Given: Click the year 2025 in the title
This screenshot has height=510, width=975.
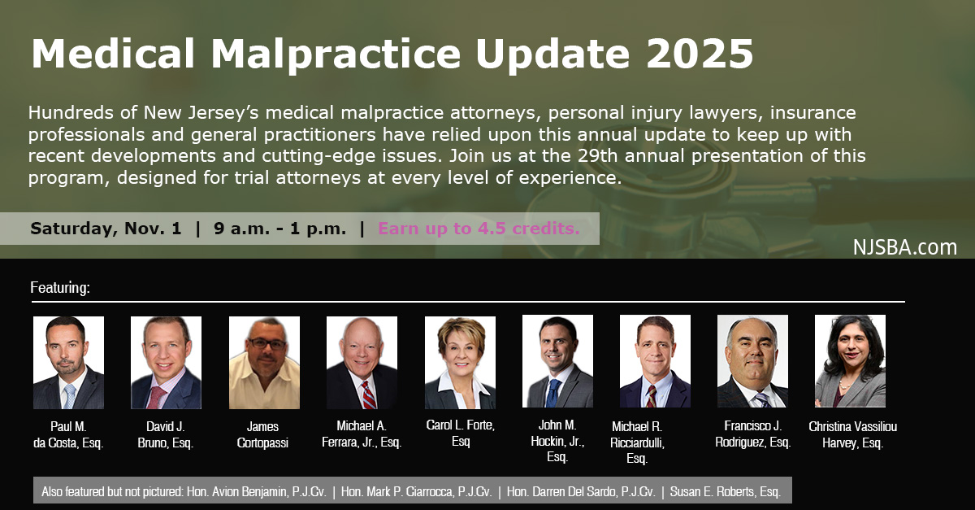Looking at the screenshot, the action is click(700, 54).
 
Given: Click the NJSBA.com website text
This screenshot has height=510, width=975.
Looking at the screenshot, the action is click(905, 247).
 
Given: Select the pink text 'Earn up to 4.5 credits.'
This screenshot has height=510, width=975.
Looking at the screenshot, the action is click(479, 229).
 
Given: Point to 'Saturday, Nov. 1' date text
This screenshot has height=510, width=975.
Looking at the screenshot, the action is click(106, 229).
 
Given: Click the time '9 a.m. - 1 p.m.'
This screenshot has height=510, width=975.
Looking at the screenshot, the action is click(279, 229).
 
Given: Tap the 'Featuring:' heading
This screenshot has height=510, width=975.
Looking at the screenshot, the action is click(60, 288).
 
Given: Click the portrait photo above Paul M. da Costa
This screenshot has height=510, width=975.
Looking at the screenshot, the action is click(69, 363).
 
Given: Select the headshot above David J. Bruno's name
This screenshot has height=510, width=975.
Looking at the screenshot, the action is click(167, 363).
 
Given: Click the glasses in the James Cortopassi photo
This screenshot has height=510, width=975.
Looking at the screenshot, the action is click(266, 344).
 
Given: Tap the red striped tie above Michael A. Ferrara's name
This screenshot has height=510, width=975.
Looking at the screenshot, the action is click(368, 394).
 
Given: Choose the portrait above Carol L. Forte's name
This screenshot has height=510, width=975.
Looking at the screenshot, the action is click(460, 363).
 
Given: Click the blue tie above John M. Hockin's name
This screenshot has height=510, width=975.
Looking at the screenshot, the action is click(552, 393).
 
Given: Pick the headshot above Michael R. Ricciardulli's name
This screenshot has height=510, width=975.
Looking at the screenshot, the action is click(655, 361).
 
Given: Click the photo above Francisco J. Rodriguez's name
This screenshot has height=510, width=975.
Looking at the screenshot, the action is click(752, 361).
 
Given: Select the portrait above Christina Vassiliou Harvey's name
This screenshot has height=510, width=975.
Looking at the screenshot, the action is click(850, 361).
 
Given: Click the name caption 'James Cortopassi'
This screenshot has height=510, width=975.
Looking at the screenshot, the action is click(262, 434).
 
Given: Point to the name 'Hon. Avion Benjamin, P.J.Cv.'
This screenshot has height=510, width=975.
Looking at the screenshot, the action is click(257, 491).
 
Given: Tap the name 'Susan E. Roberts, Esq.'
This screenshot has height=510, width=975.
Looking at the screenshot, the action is click(725, 491).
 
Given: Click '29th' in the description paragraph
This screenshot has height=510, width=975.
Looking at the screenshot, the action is click(597, 155).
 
